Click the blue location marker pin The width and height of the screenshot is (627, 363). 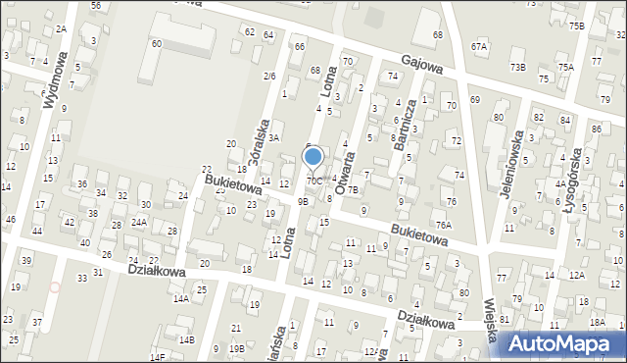[x=313, y=157]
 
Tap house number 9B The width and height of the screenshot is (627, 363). [x=303, y=201]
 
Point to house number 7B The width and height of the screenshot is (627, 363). [x=353, y=190]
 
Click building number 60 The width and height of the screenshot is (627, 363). [x=157, y=44]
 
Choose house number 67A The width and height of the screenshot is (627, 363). [x=478, y=46]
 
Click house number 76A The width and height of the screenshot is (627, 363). [x=444, y=225]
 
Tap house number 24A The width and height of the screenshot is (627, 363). [x=139, y=223]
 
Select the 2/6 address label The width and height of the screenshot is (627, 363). [x=268, y=76]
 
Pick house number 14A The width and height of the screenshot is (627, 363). [x=180, y=298]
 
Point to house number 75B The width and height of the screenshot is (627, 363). [x=576, y=26]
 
